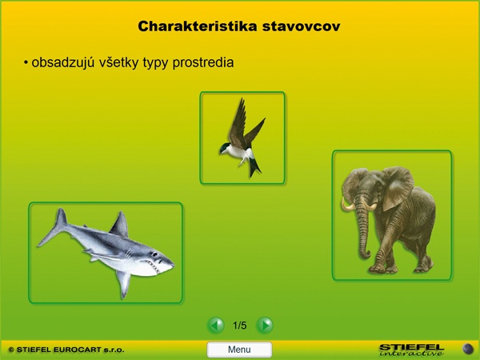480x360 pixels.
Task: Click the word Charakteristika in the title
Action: tap(197, 26)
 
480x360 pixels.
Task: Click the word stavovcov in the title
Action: tap(301, 26)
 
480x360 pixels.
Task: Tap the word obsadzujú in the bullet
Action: tap(63, 62)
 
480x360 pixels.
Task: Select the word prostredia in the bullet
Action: tap(203, 62)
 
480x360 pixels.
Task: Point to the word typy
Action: tap(155, 63)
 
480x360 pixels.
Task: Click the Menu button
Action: tap(239, 350)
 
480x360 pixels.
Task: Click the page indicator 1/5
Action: tap(239, 325)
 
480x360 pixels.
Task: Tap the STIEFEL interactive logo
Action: tap(411, 350)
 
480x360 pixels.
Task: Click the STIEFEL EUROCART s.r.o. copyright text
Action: tap(66, 350)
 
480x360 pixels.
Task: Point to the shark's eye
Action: tap(155, 254)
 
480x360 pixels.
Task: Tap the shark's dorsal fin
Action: tap(120, 224)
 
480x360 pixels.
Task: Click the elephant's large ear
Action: tap(397, 187)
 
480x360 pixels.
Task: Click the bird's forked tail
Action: tap(254, 169)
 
